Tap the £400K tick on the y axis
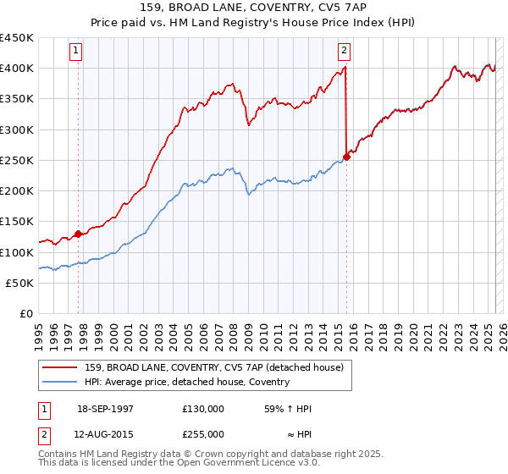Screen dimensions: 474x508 [x=17, y=69]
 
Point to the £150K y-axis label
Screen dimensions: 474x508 [x=17, y=222]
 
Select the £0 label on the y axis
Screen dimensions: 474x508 [x=25, y=314]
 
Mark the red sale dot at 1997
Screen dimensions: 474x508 [x=79, y=234]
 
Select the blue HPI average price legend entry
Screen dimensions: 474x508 [x=186, y=383]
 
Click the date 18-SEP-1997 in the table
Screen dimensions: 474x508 [x=105, y=409]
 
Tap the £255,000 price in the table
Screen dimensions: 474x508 [x=202, y=433]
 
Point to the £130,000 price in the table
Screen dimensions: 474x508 [x=202, y=409]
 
